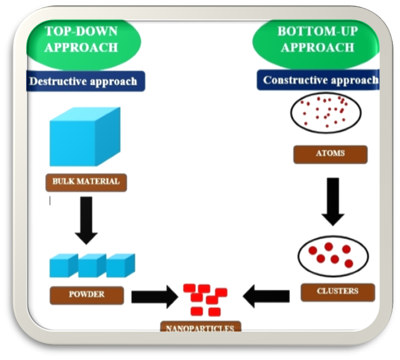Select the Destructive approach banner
(x=86, y=81)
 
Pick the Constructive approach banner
(x=318, y=80)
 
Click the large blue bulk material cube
(x=85, y=137)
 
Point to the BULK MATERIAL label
(x=86, y=182)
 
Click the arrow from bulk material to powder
(x=86, y=220)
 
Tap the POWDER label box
(x=87, y=295)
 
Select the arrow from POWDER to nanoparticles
(x=155, y=297)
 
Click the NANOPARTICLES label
(x=201, y=327)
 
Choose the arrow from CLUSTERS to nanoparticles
(x=266, y=297)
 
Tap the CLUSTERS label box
(x=338, y=292)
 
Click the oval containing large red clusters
(x=333, y=256)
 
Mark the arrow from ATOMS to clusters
(x=333, y=202)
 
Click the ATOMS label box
(x=330, y=155)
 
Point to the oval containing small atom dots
(x=326, y=112)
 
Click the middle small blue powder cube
(x=92, y=265)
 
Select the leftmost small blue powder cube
(x=64, y=265)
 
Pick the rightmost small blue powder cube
(x=121, y=265)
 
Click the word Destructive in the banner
(x=58, y=82)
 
